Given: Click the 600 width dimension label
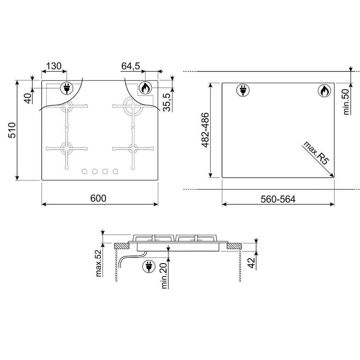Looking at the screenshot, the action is tap(98, 199).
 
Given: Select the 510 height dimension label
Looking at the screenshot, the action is tap(12, 130).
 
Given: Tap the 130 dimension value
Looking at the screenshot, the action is tap(54, 66).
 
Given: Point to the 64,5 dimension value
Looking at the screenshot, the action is tap(130, 66).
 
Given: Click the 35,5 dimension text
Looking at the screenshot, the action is tap(167, 102).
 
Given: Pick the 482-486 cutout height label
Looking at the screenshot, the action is tap(205, 130).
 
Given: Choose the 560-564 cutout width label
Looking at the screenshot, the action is tap(278, 199).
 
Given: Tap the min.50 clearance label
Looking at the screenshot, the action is tap(346, 102).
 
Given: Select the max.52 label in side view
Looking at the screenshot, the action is tap(98, 263).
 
